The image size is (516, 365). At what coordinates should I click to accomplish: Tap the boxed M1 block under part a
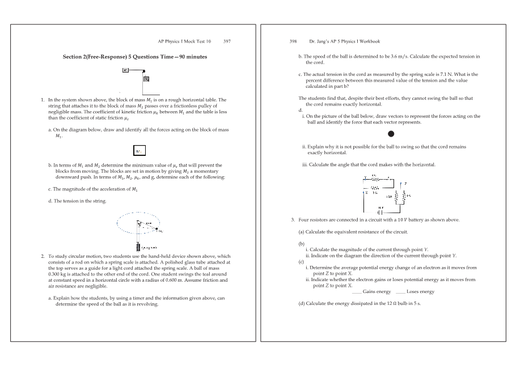139,151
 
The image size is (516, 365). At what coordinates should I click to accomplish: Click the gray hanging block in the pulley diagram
146,79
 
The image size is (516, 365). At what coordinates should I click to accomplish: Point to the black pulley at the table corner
143,71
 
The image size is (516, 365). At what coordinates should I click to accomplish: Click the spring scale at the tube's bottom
138,247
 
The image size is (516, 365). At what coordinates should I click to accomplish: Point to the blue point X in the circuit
367,192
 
